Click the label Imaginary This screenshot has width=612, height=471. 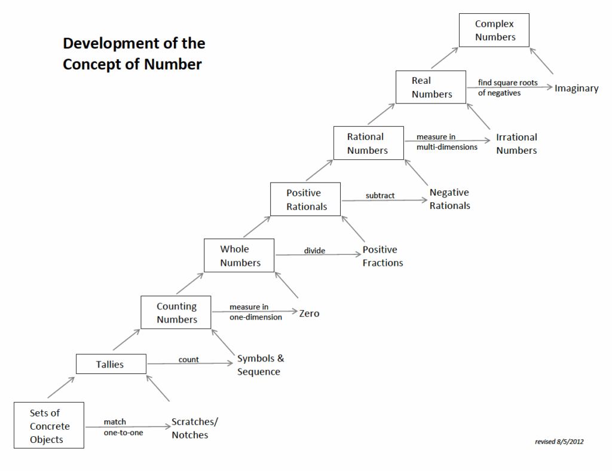(577, 89)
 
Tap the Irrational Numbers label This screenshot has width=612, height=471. (517, 144)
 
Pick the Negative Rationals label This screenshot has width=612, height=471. (450, 199)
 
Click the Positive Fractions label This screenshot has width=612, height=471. (382, 256)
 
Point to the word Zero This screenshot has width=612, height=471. (309, 314)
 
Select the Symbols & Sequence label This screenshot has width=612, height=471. (261, 365)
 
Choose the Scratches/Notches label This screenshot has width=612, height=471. (195, 429)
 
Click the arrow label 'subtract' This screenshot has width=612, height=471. (380, 196)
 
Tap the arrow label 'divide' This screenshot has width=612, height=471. (314, 251)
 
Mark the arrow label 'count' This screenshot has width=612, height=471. (188, 360)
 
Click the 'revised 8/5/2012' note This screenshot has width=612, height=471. (559, 442)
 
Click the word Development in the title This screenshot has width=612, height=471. (111, 44)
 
